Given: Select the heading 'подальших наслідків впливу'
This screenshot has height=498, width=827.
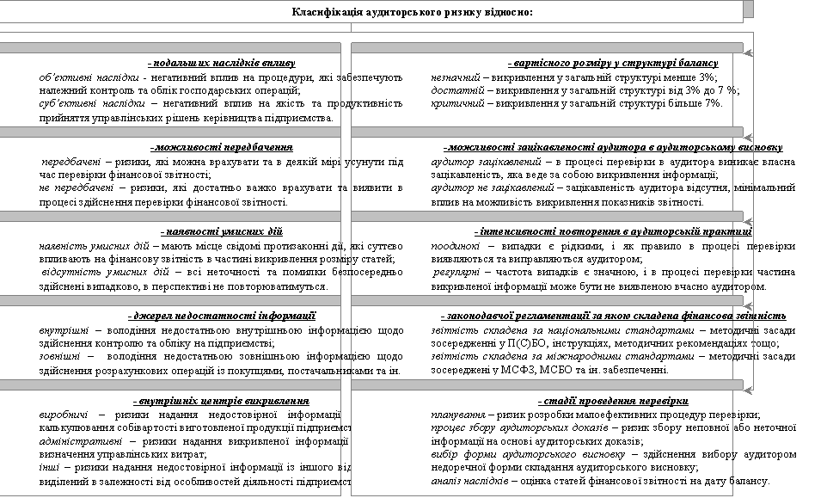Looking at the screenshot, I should pyautogui.click(x=222, y=64).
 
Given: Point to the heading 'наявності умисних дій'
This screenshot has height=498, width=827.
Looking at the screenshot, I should pyautogui.click(x=222, y=232).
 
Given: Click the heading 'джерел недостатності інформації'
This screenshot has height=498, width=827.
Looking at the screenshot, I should pyautogui.click(x=222, y=316).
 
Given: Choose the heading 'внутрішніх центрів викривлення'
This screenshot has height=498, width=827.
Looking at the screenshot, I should pyautogui.click(x=222, y=401).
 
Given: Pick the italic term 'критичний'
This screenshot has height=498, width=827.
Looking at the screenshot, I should pyautogui.click(x=453, y=103).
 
